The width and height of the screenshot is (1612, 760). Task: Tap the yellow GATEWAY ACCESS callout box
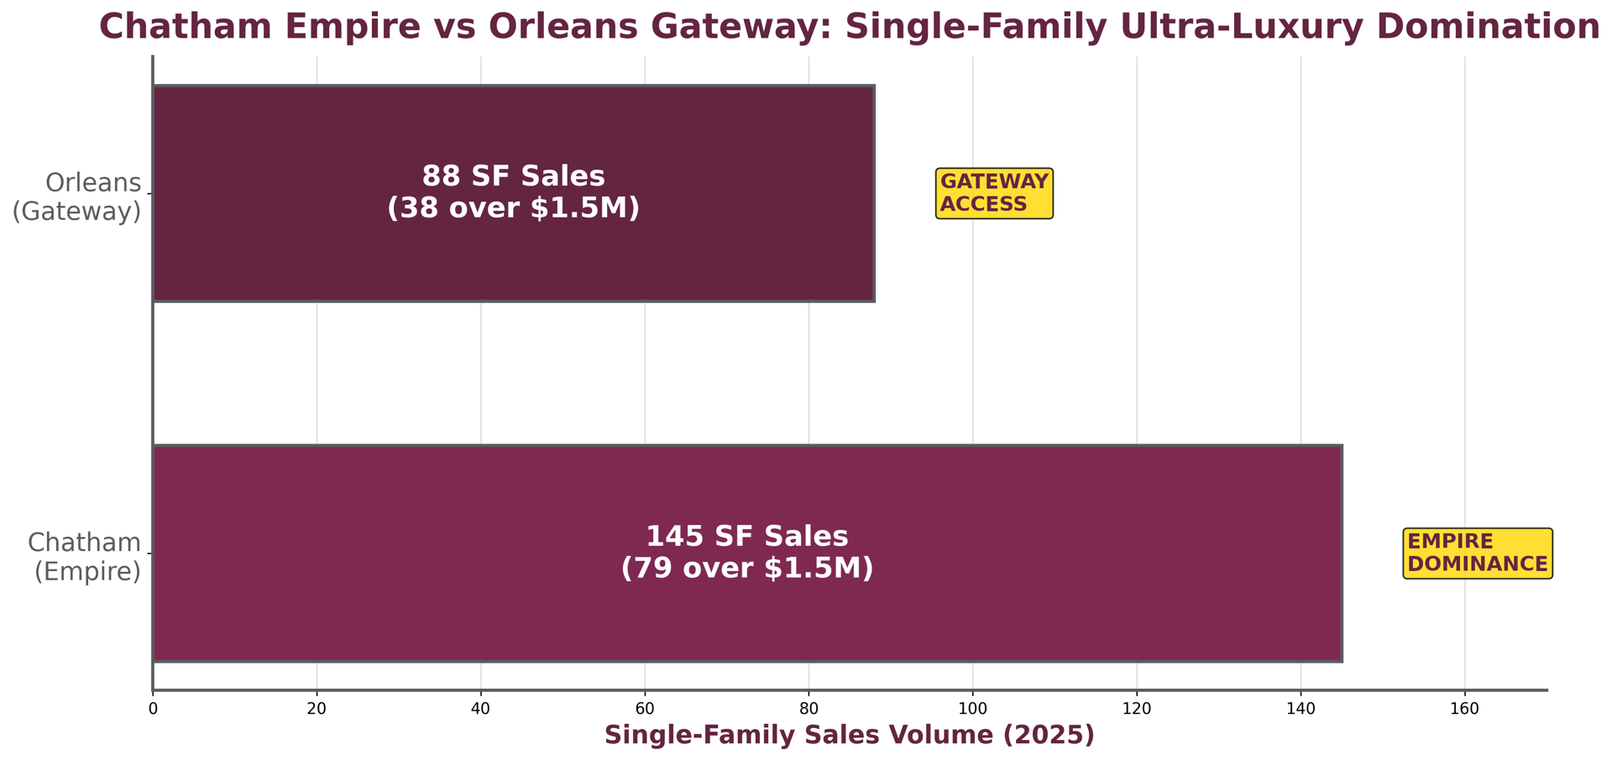pos(994,193)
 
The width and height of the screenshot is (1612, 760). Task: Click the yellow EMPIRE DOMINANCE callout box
pos(1477,553)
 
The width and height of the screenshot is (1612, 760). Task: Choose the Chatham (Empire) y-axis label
pos(85,557)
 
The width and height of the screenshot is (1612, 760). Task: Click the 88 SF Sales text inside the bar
pos(513,176)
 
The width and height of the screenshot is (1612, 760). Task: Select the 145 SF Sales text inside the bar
pos(746,537)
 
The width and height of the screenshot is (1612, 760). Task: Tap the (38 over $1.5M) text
pos(513,208)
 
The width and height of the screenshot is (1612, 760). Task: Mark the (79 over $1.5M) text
pos(746,569)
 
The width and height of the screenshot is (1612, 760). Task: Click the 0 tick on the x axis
pos(153,709)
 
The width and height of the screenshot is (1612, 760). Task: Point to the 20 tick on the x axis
pos(317,709)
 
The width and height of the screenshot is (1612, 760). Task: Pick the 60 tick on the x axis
pos(645,709)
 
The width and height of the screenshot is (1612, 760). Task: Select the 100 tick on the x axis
pos(972,709)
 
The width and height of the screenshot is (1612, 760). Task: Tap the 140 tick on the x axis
pos(1301,709)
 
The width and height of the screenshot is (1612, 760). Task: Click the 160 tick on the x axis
pos(1464,709)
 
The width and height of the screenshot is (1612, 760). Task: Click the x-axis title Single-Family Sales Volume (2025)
pos(849,736)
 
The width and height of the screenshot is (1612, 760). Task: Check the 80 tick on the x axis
pos(809,709)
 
